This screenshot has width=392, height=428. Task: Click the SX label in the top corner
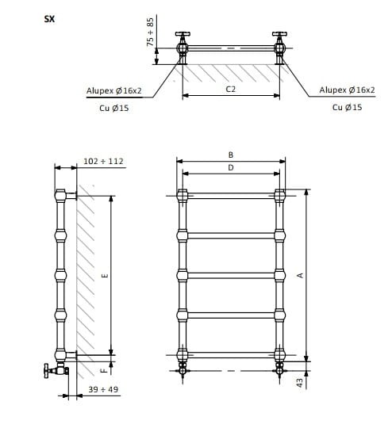coord(49,19)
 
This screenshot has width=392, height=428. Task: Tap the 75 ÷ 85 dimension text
coord(150,32)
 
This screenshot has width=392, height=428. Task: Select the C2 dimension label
coord(231,90)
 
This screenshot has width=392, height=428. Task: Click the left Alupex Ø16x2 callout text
coord(114,90)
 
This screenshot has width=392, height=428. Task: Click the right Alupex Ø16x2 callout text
coord(348,90)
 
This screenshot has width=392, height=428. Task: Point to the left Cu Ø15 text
coord(114,108)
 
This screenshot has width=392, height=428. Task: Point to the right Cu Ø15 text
coord(348,107)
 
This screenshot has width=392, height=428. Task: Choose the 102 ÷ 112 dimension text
coord(104,162)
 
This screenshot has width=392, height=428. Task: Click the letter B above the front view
coord(231,155)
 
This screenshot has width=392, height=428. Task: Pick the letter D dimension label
coord(231,167)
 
